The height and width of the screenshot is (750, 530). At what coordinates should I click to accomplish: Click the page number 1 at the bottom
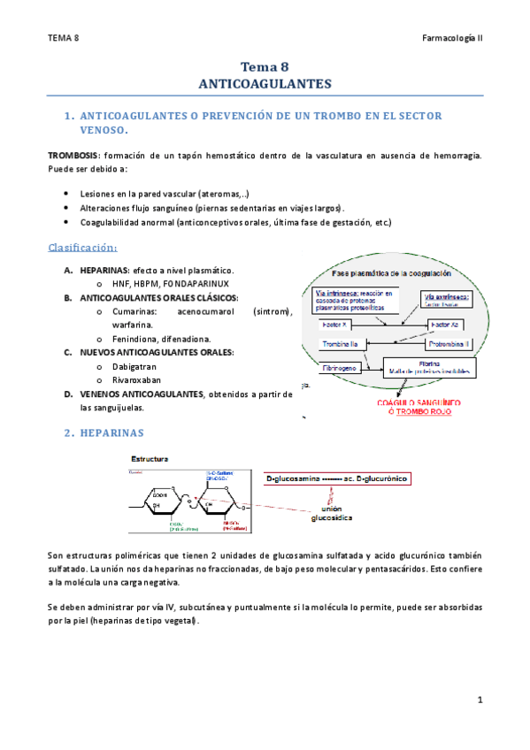(x=480, y=700)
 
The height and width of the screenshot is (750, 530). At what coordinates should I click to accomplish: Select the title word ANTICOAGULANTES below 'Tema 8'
(x=265, y=84)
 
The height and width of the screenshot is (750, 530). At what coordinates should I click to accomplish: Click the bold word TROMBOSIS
(x=73, y=155)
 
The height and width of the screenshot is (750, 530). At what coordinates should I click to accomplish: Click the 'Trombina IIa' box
(x=341, y=343)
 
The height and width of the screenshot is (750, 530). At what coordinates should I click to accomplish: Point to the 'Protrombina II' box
(x=450, y=343)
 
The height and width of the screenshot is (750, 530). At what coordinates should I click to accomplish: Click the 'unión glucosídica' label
(x=330, y=515)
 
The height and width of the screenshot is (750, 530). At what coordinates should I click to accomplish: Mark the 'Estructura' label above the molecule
(x=150, y=460)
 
